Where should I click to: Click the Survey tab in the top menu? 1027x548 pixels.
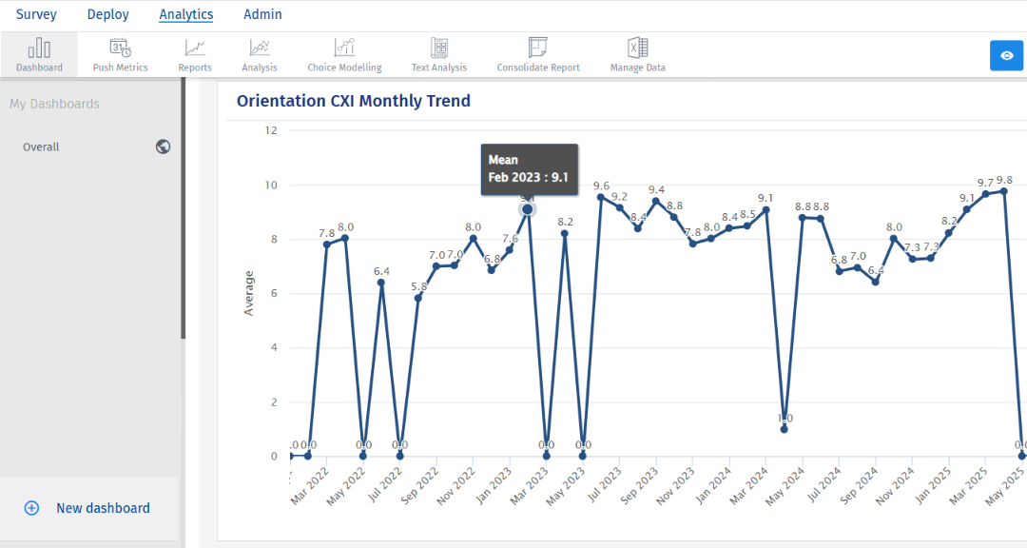click(x=36, y=14)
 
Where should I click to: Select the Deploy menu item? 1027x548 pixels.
click(x=107, y=14)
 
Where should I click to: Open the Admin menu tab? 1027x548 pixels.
click(x=262, y=14)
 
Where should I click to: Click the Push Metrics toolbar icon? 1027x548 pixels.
click(x=120, y=54)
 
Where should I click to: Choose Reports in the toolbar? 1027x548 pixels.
click(x=195, y=54)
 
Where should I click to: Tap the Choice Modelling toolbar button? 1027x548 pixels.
click(x=344, y=54)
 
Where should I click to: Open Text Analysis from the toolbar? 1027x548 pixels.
click(x=438, y=54)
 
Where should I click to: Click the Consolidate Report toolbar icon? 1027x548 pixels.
click(x=538, y=54)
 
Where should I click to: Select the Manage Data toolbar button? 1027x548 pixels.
click(x=637, y=54)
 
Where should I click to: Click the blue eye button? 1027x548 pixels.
click(x=1006, y=55)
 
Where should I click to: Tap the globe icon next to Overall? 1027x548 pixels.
click(x=164, y=147)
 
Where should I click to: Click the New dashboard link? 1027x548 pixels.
click(x=103, y=508)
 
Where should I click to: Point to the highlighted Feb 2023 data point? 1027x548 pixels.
click(x=528, y=209)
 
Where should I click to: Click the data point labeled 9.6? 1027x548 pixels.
click(x=601, y=197)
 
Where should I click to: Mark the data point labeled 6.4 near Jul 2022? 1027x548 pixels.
click(x=381, y=283)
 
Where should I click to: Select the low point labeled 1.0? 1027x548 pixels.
click(x=785, y=429)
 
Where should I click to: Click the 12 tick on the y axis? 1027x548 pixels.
click(x=271, y=130)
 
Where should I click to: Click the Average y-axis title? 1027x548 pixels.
click(x=249, y=293)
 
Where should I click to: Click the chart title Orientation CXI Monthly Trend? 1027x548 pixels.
click(x=354, y=101)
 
